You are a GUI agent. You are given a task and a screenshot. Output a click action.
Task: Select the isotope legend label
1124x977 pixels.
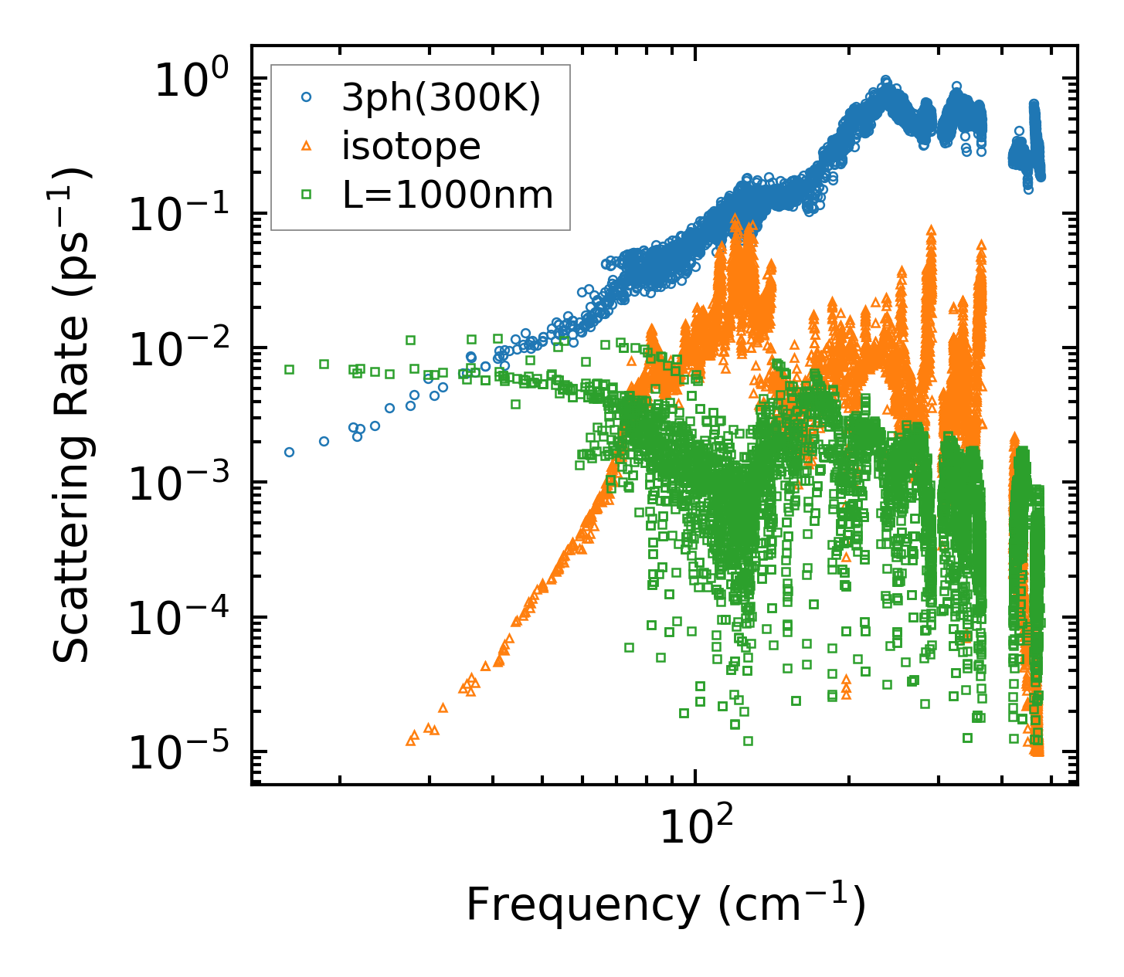coord(411,146)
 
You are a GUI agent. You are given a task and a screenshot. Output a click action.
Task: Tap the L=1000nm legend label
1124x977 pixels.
coord(448,195)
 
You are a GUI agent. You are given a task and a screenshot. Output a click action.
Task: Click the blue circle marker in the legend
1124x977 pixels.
coord(307,98)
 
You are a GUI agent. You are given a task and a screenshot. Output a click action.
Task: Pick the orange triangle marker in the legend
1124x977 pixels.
coord(307,146)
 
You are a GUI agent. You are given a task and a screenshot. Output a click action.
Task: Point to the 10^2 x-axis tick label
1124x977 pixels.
coord(694,829)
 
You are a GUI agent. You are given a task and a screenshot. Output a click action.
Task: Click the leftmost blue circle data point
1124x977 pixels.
coord(289,452)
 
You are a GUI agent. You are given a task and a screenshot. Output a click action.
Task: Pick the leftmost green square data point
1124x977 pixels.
coord(289,369)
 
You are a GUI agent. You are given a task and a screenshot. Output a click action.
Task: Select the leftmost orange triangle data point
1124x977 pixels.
coord(410,741)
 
